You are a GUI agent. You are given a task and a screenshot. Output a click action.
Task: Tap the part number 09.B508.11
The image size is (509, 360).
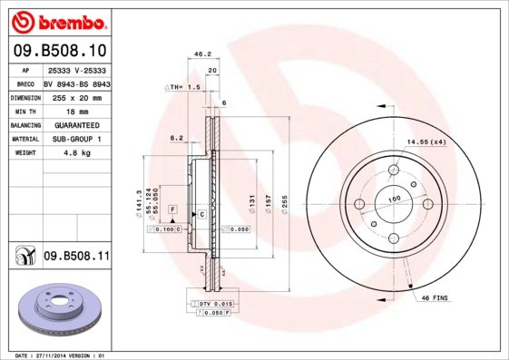point(76,258)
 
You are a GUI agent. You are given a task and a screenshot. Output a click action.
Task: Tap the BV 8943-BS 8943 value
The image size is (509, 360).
point(76,83)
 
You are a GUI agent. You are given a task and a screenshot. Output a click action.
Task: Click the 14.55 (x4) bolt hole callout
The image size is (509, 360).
point(426,141)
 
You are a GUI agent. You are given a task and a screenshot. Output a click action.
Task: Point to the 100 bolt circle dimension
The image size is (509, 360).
point(394,199)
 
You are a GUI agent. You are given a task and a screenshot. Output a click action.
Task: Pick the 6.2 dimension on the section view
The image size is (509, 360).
point(176,139)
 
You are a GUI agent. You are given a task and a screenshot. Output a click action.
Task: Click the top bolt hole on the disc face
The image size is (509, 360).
point(393,170)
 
